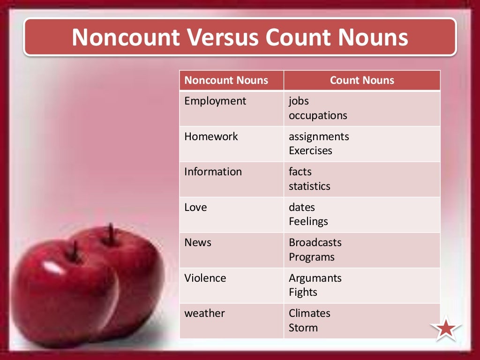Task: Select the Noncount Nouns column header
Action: [x=226, y=80]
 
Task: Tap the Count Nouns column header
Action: [x=362, y=80]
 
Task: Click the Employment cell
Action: [x=215, y=101]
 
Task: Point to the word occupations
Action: [x=318, y=115]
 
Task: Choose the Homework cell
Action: [x=211, y=136]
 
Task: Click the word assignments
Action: [x=319, y=136]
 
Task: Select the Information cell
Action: [x=213, y=172]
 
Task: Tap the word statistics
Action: [x=309, y=186]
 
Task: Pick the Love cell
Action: [x=195, y=207]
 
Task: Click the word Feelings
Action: [x=308, y=221]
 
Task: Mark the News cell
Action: [x=198, y=242]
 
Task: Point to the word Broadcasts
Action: [x=315, y=242]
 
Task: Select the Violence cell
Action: [x=205, y=278]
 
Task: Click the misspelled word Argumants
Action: [x=315, y=278]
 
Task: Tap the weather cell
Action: [x=204, y=313]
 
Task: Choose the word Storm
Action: [x=303, y=328]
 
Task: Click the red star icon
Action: [x=446, y=329]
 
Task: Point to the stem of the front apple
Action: [x=75, y=251]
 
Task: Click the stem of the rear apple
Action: [x=111, y=233]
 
